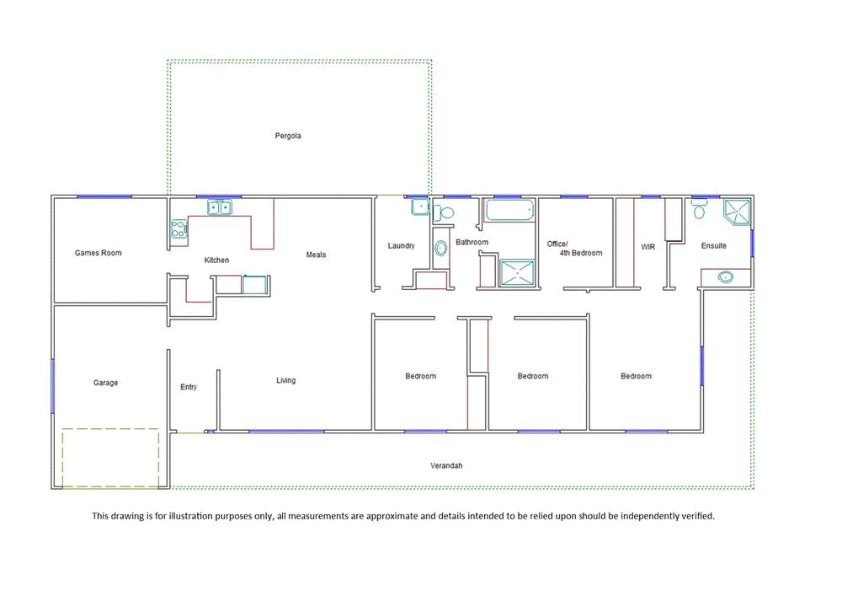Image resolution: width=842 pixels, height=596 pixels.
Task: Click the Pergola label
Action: tap(288, 136)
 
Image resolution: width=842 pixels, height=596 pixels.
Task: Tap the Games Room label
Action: tap(99, 253)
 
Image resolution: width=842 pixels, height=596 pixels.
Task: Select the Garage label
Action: tap(105, 383)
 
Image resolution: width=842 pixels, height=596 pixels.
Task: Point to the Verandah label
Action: tap(446, 465)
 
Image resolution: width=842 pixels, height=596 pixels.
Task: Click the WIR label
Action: tap(648, 247)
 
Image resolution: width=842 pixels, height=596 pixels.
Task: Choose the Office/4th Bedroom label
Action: tap(574, 249)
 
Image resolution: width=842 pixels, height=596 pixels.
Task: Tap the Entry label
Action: tap(189, 387)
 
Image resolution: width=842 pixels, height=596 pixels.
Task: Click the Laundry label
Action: tap(401, 245)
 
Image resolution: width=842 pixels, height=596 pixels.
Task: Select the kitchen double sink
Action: tap(220, 207)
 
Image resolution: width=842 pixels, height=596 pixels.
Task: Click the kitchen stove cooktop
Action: tap(179, 229)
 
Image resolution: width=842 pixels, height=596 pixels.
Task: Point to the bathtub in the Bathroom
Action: tap(509, 210)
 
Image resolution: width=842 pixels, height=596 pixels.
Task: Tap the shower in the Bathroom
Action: tap(517, 273)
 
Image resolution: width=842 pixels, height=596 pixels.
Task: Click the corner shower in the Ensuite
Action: tap(737, 212)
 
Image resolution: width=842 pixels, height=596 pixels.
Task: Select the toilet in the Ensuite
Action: tap(699, 209)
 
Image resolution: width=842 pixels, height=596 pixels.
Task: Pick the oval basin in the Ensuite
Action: tap(726, 277)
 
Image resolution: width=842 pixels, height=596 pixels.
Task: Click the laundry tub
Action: tap(420, 207)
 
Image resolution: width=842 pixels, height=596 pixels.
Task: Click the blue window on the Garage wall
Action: tap(52, 386)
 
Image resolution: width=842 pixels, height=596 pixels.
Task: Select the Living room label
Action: tap(285, 380)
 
